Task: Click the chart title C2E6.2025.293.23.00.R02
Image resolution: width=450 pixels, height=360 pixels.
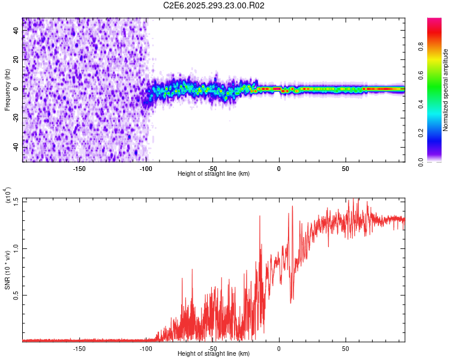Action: point(214,5)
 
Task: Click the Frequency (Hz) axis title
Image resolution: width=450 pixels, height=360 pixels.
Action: point(7,90)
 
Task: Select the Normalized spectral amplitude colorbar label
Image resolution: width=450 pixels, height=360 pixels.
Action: point(446,90)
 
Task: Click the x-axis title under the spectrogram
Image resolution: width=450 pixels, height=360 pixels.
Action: point(214,173)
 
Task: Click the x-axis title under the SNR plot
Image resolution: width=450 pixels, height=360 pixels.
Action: point(214,353)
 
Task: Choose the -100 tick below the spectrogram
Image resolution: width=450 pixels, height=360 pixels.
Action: point(146,168)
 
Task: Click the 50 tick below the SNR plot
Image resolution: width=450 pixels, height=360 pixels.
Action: point(346,348)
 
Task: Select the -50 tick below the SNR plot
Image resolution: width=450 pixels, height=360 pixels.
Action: point(212,348)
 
